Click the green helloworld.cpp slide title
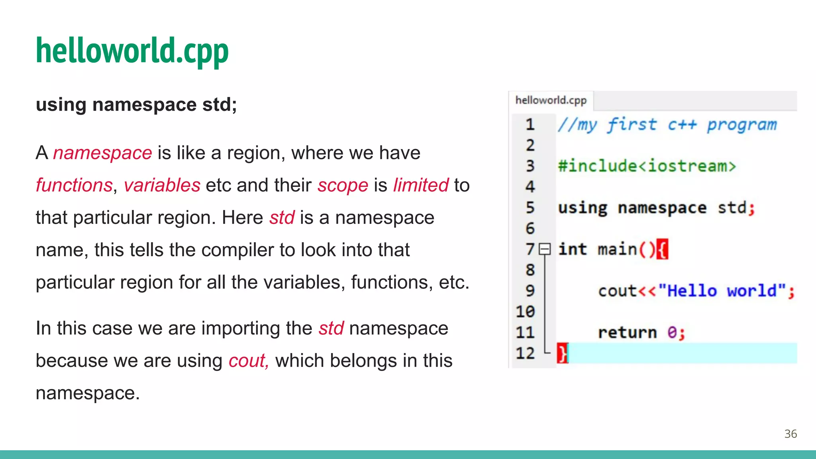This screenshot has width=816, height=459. [132, 51]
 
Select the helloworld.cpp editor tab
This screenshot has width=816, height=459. [551, 100]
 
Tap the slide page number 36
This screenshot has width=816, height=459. [790, 433]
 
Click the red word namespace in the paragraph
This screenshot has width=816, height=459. [102, 153]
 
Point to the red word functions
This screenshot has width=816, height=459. [74, 185]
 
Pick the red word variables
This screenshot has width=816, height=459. [162, 185]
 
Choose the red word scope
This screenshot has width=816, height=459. [343, 185]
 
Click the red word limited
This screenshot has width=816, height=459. [421, 185]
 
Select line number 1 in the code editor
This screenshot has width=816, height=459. [530, 125]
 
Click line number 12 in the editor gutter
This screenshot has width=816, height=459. [525, 353]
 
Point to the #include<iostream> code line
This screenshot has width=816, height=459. [647, 166]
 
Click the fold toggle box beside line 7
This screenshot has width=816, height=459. [545, 249]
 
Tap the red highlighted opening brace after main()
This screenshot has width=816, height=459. [662, 249]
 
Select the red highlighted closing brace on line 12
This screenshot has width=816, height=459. [562, 353]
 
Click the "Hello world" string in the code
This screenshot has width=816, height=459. [722, 291]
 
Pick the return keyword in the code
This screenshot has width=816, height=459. [627, 333]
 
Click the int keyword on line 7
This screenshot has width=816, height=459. [572, 249]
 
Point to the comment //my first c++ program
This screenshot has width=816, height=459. [667, 125]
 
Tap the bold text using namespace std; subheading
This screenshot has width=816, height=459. [136, 105]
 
